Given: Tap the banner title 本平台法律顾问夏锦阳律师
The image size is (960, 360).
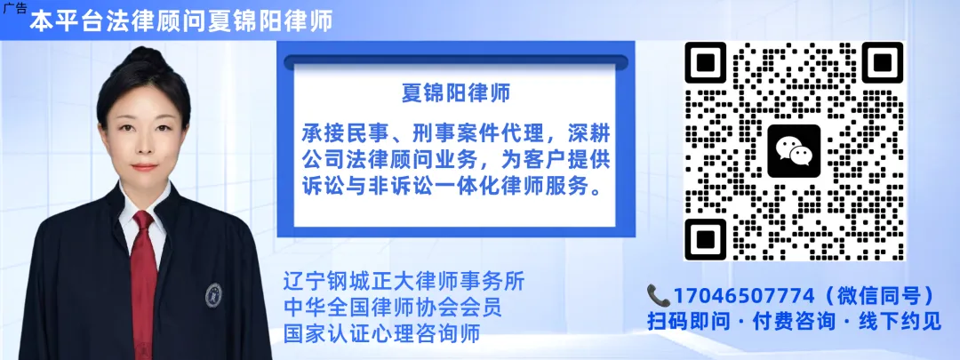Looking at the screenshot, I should click(181, 22).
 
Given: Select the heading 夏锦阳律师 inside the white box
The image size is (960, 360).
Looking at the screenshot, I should click(456, 93).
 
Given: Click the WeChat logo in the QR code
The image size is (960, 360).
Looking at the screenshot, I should click(793, 151).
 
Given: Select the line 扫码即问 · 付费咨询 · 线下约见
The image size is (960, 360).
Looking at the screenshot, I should click(794, 321).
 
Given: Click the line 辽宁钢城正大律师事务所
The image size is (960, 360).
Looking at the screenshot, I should click(403, 282).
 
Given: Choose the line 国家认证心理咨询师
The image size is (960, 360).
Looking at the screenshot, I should click(381, 334).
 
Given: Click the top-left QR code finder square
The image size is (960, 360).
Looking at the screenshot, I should click(708, 63).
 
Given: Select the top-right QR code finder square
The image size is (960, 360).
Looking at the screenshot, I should click(881, 63).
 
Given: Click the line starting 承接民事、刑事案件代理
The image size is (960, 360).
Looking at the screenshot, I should click(456, 134).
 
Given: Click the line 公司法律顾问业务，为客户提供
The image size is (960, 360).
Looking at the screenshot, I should click(456, 161).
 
